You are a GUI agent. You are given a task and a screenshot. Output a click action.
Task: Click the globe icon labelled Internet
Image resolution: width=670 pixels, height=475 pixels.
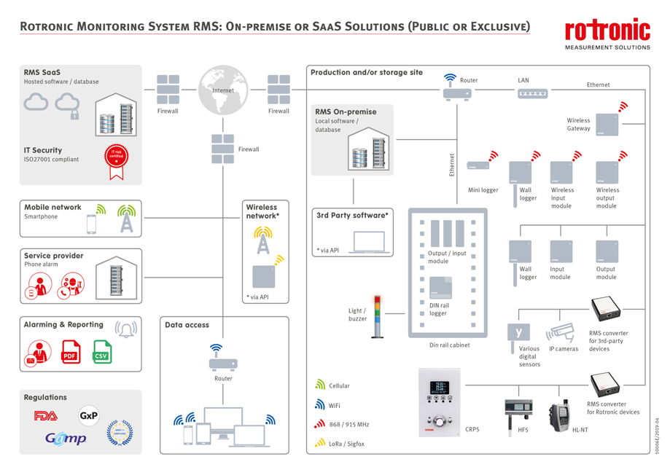coord(223,90)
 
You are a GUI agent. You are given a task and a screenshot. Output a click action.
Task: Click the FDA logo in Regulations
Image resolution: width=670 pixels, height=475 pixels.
coord(45,416)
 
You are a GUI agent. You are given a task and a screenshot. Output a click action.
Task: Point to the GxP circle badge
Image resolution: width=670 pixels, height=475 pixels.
coord(89,416)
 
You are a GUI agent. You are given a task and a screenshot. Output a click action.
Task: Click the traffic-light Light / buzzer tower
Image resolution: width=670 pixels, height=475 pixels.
coord(377,316)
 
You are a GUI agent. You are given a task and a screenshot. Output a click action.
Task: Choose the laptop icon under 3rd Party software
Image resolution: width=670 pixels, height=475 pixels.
coord(369,242)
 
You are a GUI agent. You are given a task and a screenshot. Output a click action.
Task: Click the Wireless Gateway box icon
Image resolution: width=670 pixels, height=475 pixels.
coord(607,124)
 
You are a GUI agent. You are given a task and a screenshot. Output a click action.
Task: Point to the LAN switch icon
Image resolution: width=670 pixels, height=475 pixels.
coord(532,93)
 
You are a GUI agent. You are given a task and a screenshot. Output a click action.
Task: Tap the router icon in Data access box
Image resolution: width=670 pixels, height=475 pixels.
coord(223,362)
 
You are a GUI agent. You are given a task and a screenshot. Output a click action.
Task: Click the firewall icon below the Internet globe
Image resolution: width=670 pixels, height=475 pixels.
coord(223,149)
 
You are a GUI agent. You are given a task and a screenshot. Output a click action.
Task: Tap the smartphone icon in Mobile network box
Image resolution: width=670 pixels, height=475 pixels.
coord(92,224)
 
